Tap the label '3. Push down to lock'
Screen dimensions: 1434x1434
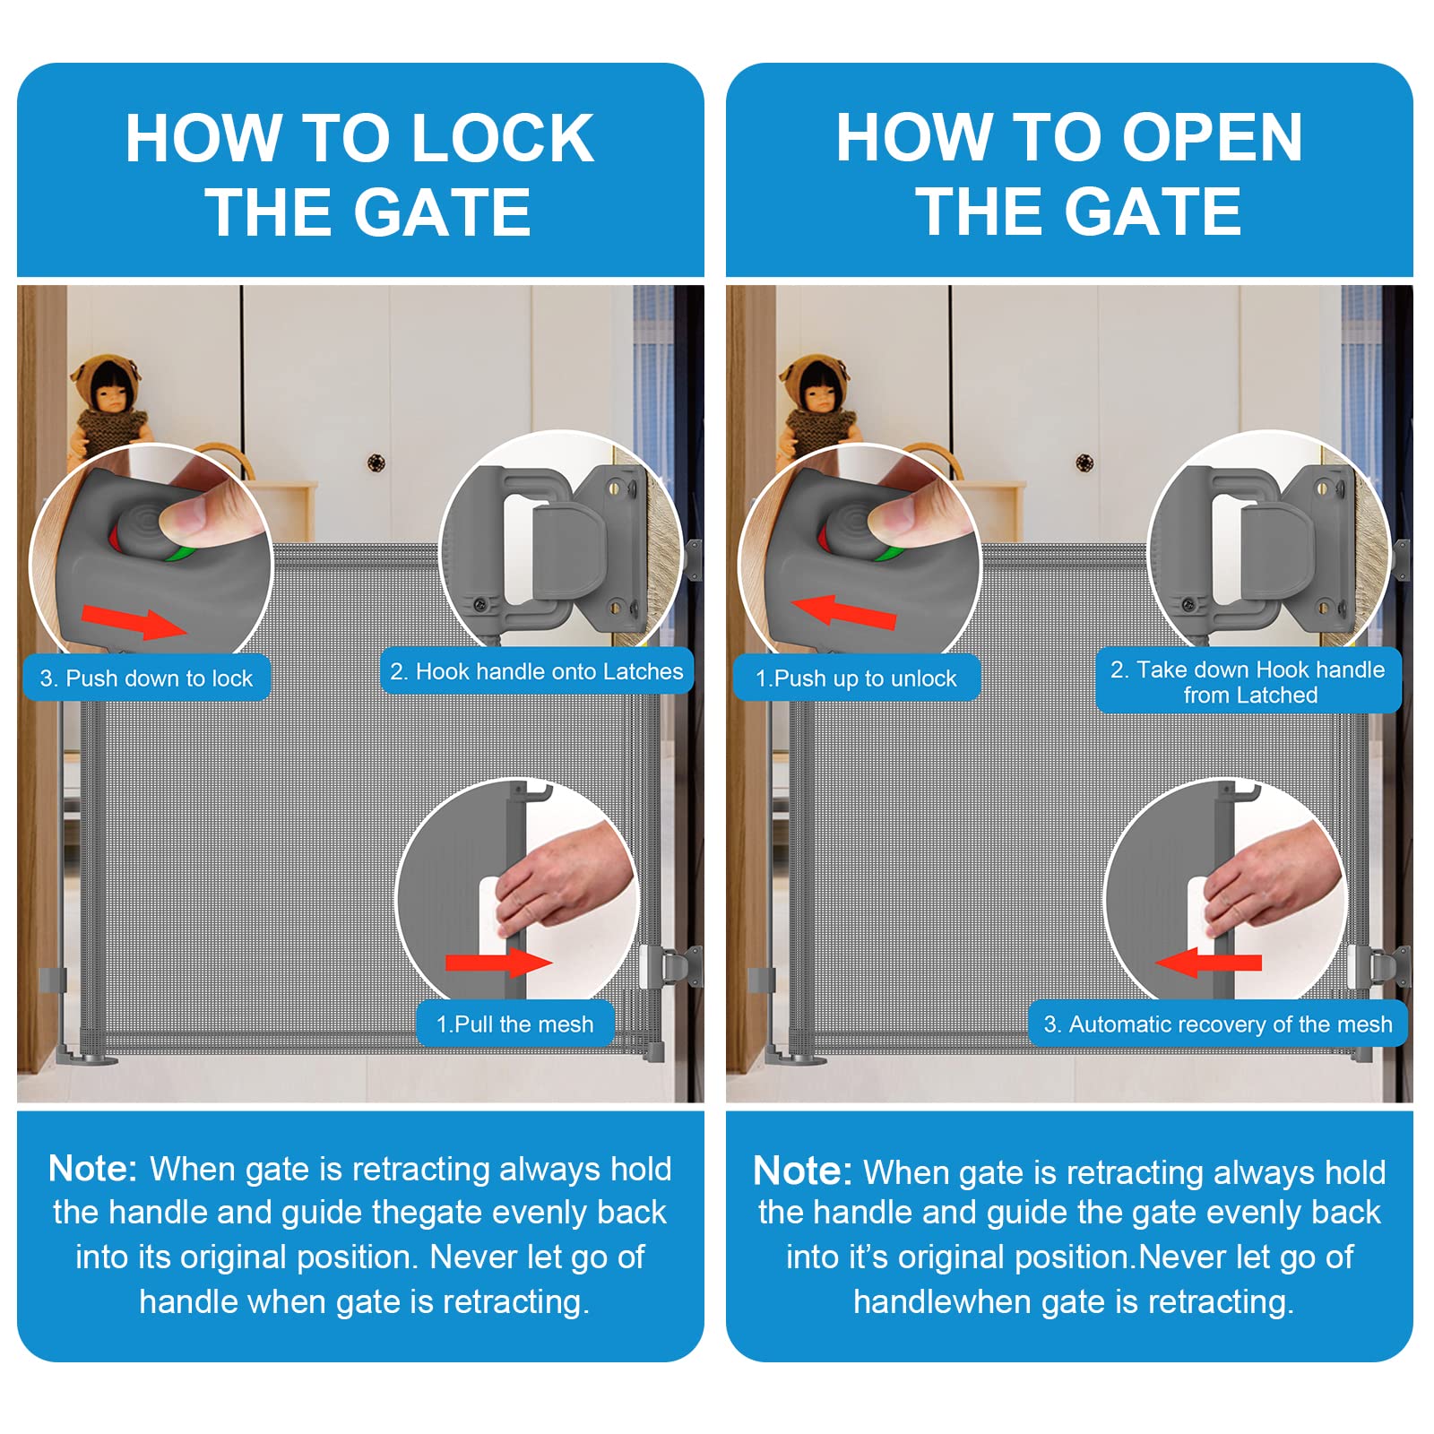[146, 678]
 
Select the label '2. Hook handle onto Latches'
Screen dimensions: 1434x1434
[536, 671]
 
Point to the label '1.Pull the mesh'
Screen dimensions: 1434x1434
[514, 1024]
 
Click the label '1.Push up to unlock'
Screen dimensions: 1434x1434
[856, 678]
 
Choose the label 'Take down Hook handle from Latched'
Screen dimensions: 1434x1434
[1248, 681]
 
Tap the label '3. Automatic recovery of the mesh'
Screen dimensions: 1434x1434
[1218, 1024]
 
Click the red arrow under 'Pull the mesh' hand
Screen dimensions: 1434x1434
[498, 963]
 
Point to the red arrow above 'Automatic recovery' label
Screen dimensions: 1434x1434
[1209, 963]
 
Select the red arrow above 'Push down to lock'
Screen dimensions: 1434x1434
[134, 621]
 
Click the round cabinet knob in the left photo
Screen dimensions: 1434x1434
[376, 462]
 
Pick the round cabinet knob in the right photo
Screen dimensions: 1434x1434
[1084, 462]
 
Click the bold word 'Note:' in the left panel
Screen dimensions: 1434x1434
[92, 1169]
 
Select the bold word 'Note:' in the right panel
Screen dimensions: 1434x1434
[802, 1171]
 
